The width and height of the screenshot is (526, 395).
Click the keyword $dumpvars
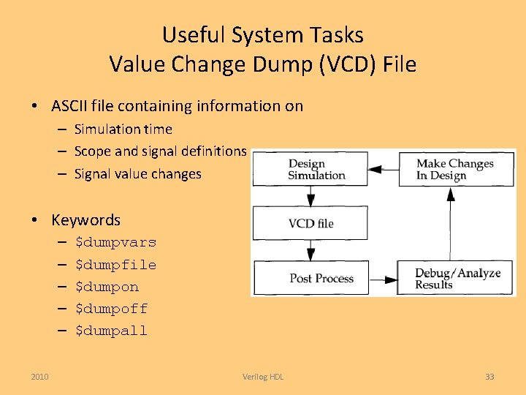coord(115,242)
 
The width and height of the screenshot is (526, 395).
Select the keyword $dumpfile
coord(115,264)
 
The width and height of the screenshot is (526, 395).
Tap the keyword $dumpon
coord(107,287)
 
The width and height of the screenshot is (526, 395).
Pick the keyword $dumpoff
coord(111,309)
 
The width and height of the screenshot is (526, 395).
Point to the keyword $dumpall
coord(111,331)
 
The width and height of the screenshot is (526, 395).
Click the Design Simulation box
coord(310,169)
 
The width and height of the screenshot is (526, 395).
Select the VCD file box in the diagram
coord(310,223)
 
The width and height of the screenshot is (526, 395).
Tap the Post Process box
coord(310,278)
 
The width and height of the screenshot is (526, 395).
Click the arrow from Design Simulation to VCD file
coord(310,196)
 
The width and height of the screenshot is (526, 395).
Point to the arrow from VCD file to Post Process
coord(310,251)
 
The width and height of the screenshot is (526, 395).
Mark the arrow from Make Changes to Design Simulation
coord(384,169)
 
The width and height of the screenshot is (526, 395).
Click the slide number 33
coord(489,377)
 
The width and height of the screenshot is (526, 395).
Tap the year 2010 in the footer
coord(40,377)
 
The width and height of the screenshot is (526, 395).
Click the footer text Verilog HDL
coord(263,377)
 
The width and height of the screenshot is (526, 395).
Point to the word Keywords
coord(85,219)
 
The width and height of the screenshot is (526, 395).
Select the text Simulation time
coord(123,129)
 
